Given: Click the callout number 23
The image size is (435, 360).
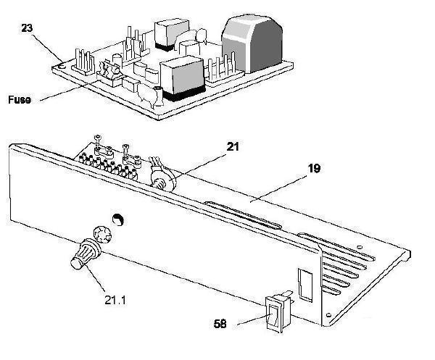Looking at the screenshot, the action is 27,28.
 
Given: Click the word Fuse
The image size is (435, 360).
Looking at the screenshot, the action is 20,99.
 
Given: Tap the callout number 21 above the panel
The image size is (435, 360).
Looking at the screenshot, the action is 233,147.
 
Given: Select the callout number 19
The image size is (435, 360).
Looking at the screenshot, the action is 314,168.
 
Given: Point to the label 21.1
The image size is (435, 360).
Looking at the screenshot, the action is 115,300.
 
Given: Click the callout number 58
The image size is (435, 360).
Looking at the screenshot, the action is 220,324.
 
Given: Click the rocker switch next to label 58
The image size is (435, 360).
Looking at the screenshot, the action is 278,313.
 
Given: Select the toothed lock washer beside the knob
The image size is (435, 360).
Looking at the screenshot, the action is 102,234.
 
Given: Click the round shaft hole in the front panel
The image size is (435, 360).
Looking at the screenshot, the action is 118,219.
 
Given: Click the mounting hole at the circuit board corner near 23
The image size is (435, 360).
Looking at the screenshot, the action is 62,67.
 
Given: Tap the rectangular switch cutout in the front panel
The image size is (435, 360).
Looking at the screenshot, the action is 305,285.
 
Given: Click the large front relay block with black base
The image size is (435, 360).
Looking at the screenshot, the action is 183,78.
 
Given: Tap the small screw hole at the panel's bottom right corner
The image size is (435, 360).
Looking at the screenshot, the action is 328,315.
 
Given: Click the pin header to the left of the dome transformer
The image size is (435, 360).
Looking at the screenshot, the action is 224,70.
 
